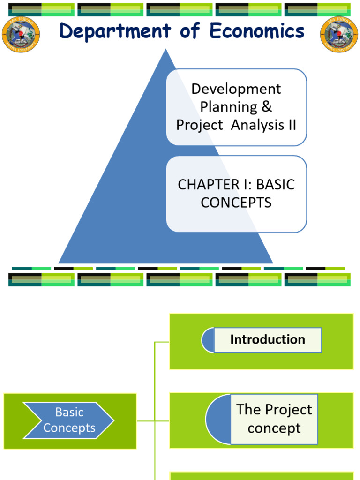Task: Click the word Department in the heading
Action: tap(115, 31)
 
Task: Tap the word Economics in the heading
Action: tap(257, 31)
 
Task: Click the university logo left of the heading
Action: tap(21, 35)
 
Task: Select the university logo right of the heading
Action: tap(339, 35)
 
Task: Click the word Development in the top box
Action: tap(236, 89)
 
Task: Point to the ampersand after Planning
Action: tap(267, 107)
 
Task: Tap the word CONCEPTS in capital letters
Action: tap(236, 202)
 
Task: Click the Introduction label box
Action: tap(268, 340)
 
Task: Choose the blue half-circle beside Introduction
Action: tap(208, 340)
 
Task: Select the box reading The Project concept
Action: tap(274, 419)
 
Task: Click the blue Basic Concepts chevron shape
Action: tap(69, 420)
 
